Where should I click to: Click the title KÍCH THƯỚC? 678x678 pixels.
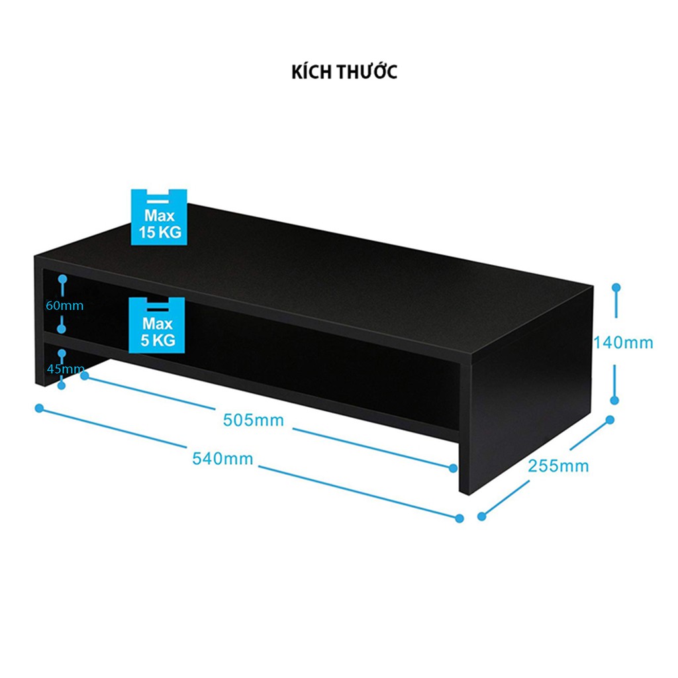coord(344,72)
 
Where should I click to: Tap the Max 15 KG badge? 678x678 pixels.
coord(157,217)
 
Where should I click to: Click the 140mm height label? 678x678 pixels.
coord(623,343)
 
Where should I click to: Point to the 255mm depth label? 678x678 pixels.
coord(558,466)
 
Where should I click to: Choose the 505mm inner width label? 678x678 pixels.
coord(253,420)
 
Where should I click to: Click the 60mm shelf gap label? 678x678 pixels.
coord(65,306)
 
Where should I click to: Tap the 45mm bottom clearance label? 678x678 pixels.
coord(65,369)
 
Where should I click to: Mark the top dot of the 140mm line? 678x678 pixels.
coord(616,288)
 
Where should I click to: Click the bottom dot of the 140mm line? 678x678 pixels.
coord(614,400)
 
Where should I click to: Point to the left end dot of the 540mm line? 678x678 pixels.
coord(39,408)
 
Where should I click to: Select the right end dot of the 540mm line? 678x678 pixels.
coord(458,518)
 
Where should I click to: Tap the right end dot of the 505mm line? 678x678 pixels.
coord(454,468)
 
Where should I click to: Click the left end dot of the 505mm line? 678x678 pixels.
coord(84,375)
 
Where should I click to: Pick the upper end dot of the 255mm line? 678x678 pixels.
coord(610,420)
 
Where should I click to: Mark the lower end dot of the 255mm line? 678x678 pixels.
coord(481,516)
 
